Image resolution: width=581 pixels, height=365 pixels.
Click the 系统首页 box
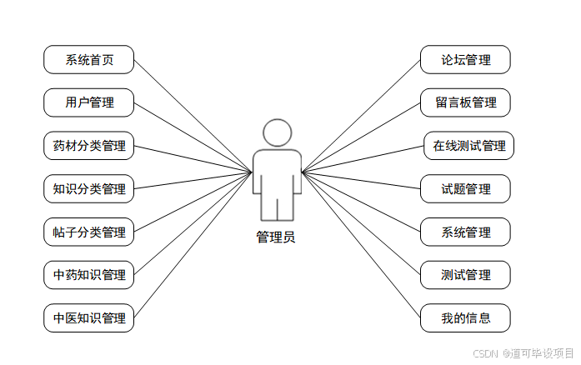tap(89, 60)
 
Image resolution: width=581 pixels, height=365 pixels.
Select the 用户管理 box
tap(89, 103)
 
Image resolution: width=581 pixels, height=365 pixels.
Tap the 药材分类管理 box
tap(89, 146)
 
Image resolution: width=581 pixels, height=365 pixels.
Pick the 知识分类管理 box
tap(89, 189)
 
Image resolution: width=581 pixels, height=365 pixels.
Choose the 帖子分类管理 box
tap(89, 232)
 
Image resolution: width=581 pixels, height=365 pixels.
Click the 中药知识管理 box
tap(89, 275)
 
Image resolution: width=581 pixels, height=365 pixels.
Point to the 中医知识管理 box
tap(89, 318)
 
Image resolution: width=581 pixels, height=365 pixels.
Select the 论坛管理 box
tap(466, 60)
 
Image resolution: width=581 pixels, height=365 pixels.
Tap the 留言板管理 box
tap(466, 103)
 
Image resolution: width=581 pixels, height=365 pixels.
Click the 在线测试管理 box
tap(468, 146)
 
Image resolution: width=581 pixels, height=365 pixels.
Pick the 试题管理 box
tap(466, 189)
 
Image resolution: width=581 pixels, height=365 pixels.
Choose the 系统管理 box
tap(466, 232)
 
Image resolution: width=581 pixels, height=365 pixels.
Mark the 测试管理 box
tap(466, 275)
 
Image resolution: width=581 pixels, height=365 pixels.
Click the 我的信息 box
tap(466, 318)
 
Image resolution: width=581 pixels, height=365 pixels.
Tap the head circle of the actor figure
tap(277, 133)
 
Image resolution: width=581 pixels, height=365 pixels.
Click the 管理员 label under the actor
tap(275, 237)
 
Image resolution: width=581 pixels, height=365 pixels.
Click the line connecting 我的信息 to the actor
tap(361, 245)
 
